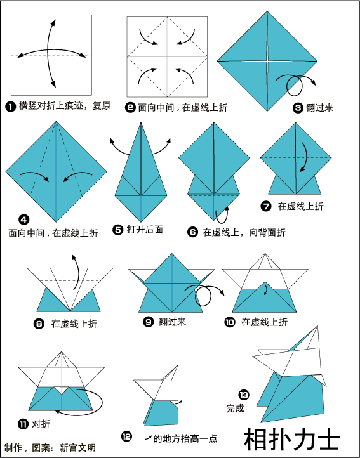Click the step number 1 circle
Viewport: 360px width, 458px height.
tap(10, 107)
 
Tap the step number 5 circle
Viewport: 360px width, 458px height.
tap(117, 230)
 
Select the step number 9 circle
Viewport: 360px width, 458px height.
tap(149, 322)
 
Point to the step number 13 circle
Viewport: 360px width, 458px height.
tap(244, 395)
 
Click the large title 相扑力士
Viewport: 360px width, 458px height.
tap(292, 440)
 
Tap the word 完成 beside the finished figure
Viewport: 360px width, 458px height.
tap(235, 408)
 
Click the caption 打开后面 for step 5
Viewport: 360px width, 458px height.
tap(145, 230)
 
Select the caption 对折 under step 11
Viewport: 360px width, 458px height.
tap(41, 424)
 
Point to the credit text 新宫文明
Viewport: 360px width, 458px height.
tap(77, 447)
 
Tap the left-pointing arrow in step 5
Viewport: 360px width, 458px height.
tap(119, 148)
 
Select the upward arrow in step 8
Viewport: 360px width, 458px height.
tap(77, 272)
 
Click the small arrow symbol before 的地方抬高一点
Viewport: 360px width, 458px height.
tap(149, 438)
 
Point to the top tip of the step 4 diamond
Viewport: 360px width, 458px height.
tap(56, 121)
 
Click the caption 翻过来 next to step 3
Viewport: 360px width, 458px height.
tap(319, 108)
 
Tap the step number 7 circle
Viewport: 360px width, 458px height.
tap(266, 207)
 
